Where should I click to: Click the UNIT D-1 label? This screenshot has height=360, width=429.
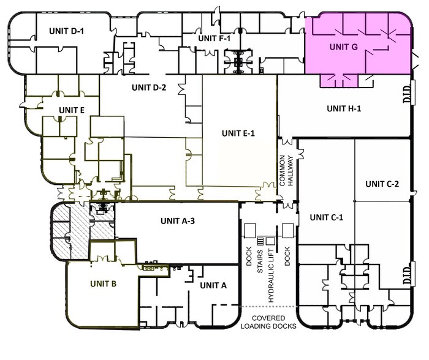point(66,31)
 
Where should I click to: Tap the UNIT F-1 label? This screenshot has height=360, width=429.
point(214,39)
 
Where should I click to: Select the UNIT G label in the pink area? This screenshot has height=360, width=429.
point(344,47)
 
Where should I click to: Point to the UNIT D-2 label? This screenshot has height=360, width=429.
point(149,88)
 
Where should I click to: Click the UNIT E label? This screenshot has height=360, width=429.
point(72,110)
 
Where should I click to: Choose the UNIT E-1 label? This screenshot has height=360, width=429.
point(238,133)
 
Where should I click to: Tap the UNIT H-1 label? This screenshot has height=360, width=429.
point(344,108)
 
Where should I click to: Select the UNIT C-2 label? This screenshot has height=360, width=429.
point(382,184)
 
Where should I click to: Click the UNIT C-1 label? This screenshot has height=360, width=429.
point(327,217)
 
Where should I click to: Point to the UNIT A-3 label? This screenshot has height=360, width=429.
point(178,221)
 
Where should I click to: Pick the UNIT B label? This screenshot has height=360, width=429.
point(103,284)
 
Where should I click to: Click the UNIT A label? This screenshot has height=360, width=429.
point(213,286)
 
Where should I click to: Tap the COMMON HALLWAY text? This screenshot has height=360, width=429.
point(286,171)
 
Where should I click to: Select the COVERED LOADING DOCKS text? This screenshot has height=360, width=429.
point(268,322)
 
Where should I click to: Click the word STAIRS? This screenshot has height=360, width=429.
point(260,261)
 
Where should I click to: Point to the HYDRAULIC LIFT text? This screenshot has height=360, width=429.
point(271,276)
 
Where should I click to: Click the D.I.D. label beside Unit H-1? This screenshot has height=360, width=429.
point(407,94)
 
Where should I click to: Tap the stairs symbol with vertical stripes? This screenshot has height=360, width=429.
point(260,241)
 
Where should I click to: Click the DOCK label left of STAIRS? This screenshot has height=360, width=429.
point(249,257)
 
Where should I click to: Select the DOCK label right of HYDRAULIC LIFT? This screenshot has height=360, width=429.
point(287,257)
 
